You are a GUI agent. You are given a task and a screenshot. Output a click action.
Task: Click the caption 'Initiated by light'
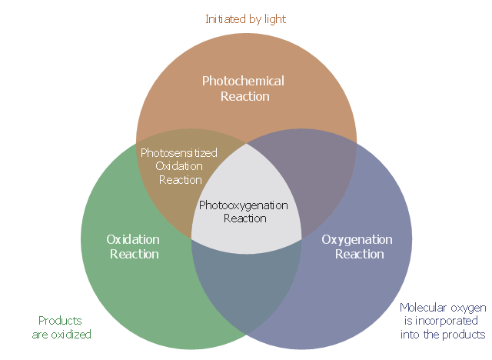pos(246,18)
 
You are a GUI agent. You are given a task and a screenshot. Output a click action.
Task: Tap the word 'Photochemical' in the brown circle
pos(243,81)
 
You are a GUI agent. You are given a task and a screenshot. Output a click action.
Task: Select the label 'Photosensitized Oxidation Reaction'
pos(179,165)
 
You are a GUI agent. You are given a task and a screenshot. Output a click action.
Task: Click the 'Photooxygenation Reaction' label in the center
pos(244,212)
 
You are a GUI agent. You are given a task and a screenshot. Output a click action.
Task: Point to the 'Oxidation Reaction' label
pos(134,246)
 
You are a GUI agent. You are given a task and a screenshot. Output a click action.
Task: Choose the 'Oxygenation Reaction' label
pos(357,246)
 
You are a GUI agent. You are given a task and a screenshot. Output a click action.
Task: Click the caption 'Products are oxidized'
pos(61,327)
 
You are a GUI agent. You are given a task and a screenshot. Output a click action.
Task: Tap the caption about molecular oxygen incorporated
pos(443,321)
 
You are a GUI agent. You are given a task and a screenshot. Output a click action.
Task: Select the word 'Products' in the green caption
pos(60,320)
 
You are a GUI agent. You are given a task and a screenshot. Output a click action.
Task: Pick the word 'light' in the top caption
pos(274,18)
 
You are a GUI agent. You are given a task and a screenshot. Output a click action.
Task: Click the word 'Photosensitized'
pos(179,152)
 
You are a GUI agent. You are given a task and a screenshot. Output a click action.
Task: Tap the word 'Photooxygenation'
pos(244,205)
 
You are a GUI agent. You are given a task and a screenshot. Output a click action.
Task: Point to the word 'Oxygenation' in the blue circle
pos(357,239)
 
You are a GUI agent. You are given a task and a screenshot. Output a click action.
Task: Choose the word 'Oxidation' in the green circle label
pos(133,239)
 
